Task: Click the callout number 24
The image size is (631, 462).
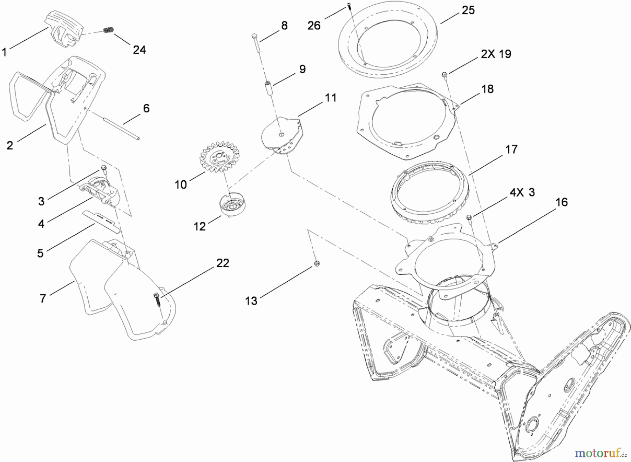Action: [x=139, y=50]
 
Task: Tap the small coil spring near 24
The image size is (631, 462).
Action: [x=109, y=31]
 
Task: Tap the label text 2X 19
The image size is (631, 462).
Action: [x=496, y=54]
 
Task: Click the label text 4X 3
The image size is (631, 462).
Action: [x=522, y=193]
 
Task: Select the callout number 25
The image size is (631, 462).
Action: [x=468, y=10]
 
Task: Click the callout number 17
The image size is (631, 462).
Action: [x=511, y=149]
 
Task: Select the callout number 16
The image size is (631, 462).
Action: [x=562, y=202]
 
